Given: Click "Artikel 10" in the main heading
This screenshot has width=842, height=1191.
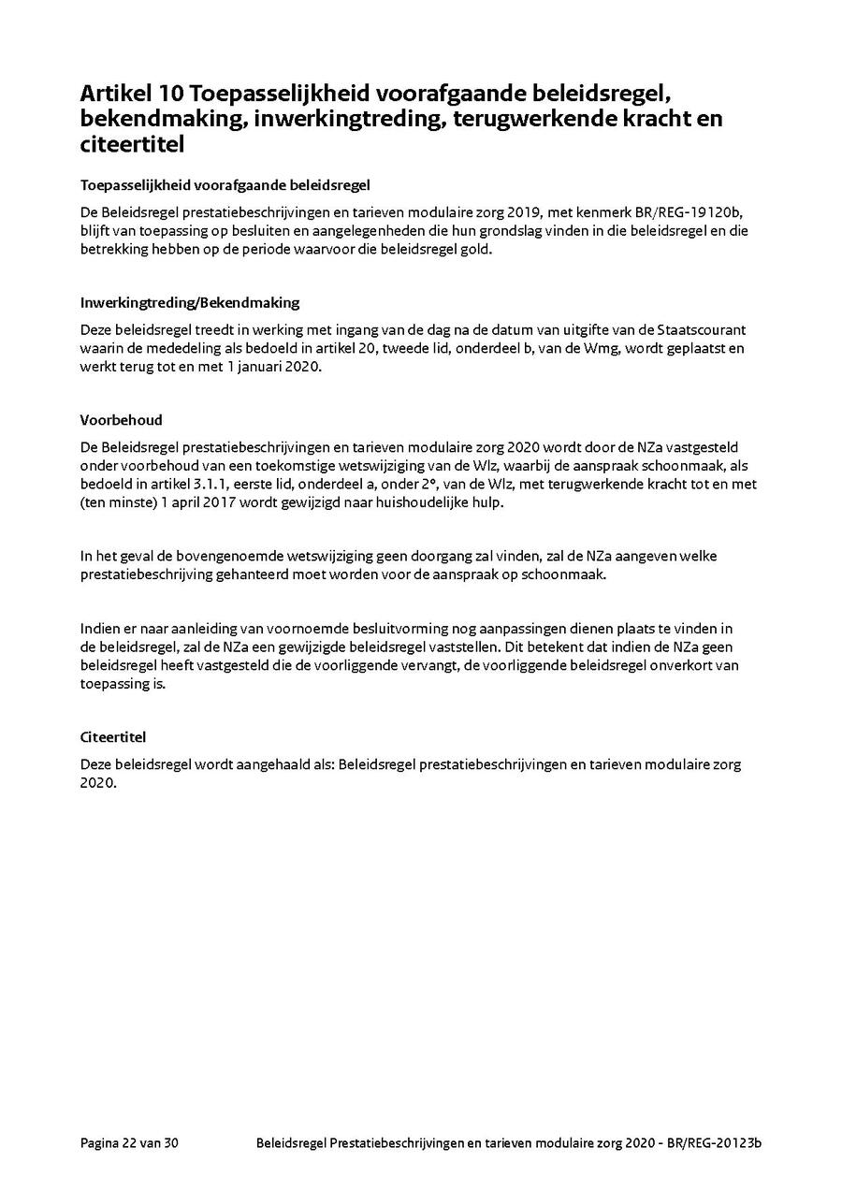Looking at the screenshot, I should (130, 94).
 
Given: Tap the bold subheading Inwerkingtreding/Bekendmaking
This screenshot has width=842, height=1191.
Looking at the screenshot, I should (190, 303).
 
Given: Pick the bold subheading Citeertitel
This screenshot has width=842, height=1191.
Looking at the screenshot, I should (113, 737).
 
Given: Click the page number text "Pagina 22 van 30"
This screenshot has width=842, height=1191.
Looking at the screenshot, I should (129, 1143).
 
